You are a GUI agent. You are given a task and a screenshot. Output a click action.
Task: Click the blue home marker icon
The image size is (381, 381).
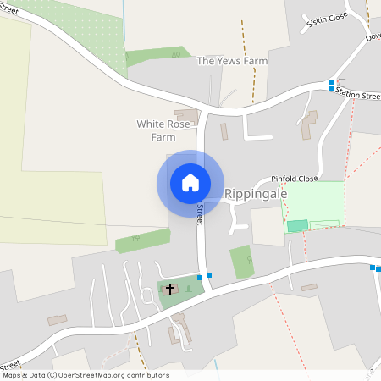pos(190,183)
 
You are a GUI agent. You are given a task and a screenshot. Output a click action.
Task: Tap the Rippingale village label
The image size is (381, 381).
pos(256,194)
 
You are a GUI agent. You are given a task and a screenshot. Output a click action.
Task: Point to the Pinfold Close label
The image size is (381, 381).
pos(294,179)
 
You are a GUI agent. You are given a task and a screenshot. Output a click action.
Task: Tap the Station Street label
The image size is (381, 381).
pos(357,96)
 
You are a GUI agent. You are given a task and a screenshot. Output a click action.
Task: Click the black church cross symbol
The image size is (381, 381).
pos(169,290)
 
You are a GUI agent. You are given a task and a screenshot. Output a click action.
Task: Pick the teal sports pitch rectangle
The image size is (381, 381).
pos(296,225)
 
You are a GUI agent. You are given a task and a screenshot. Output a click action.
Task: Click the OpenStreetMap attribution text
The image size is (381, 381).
pos(86,375)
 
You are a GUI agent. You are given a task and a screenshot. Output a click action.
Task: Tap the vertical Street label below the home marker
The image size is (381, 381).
pos(201,214)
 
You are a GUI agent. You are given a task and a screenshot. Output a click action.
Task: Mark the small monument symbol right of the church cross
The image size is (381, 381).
pos(187,288)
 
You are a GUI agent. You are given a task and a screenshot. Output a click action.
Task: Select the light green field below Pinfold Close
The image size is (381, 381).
pos(313,203)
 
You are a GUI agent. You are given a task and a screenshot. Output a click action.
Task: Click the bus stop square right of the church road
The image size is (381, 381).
pos(209,274)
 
